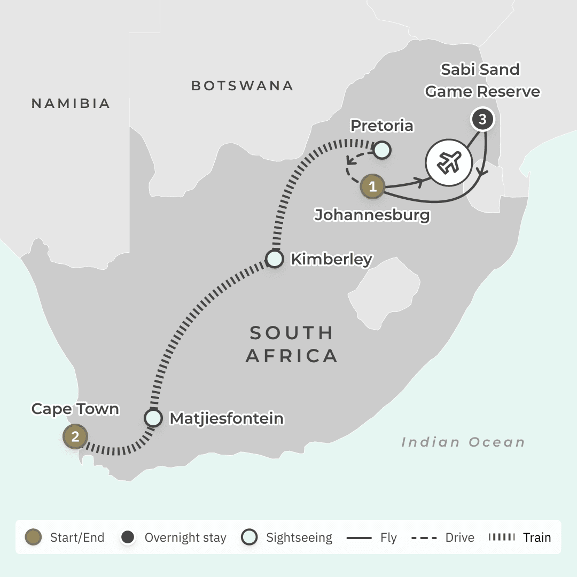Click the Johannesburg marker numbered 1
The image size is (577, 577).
[x=373, y=186]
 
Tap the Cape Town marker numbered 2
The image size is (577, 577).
[x=75, y=436]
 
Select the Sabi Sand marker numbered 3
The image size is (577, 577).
[x=482, y=120]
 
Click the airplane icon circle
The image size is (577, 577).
[x=448, y=162]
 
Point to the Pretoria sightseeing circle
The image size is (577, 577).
[x=381, y=150]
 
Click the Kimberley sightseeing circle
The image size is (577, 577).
[x=275, y=259]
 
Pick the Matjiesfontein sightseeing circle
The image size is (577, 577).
[x=153, y=418]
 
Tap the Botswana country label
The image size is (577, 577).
[x=242, y=85]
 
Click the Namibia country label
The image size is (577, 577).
[x=71, y=103]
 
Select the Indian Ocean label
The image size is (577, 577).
[x=463, y=442]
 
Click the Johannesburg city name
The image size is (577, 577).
[x=372, y=215]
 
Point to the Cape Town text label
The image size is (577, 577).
[x=75, y=409]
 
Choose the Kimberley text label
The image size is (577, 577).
[x=331, y=260]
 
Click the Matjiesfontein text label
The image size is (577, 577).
[x=227, y=419]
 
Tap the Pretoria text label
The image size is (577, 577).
[x=381, y=126]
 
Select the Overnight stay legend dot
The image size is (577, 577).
[x=128, y=537]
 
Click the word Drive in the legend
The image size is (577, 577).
[x=459, y=537]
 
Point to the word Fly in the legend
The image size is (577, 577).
[x=388, y=537]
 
